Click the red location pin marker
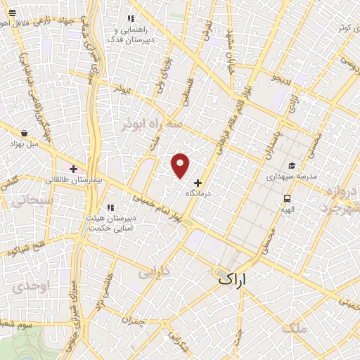(x=181, y=165)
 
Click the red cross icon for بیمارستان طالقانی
(x=73, y=169)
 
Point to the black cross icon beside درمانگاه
(x=197, y=182)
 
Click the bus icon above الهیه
(x=288, y=198)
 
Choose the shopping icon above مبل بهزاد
(x=25, y=133)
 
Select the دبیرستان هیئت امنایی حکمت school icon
(x=110, y=207)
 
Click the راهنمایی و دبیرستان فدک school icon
(x=131, y=19)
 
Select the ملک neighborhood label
(x=293, y=328)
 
